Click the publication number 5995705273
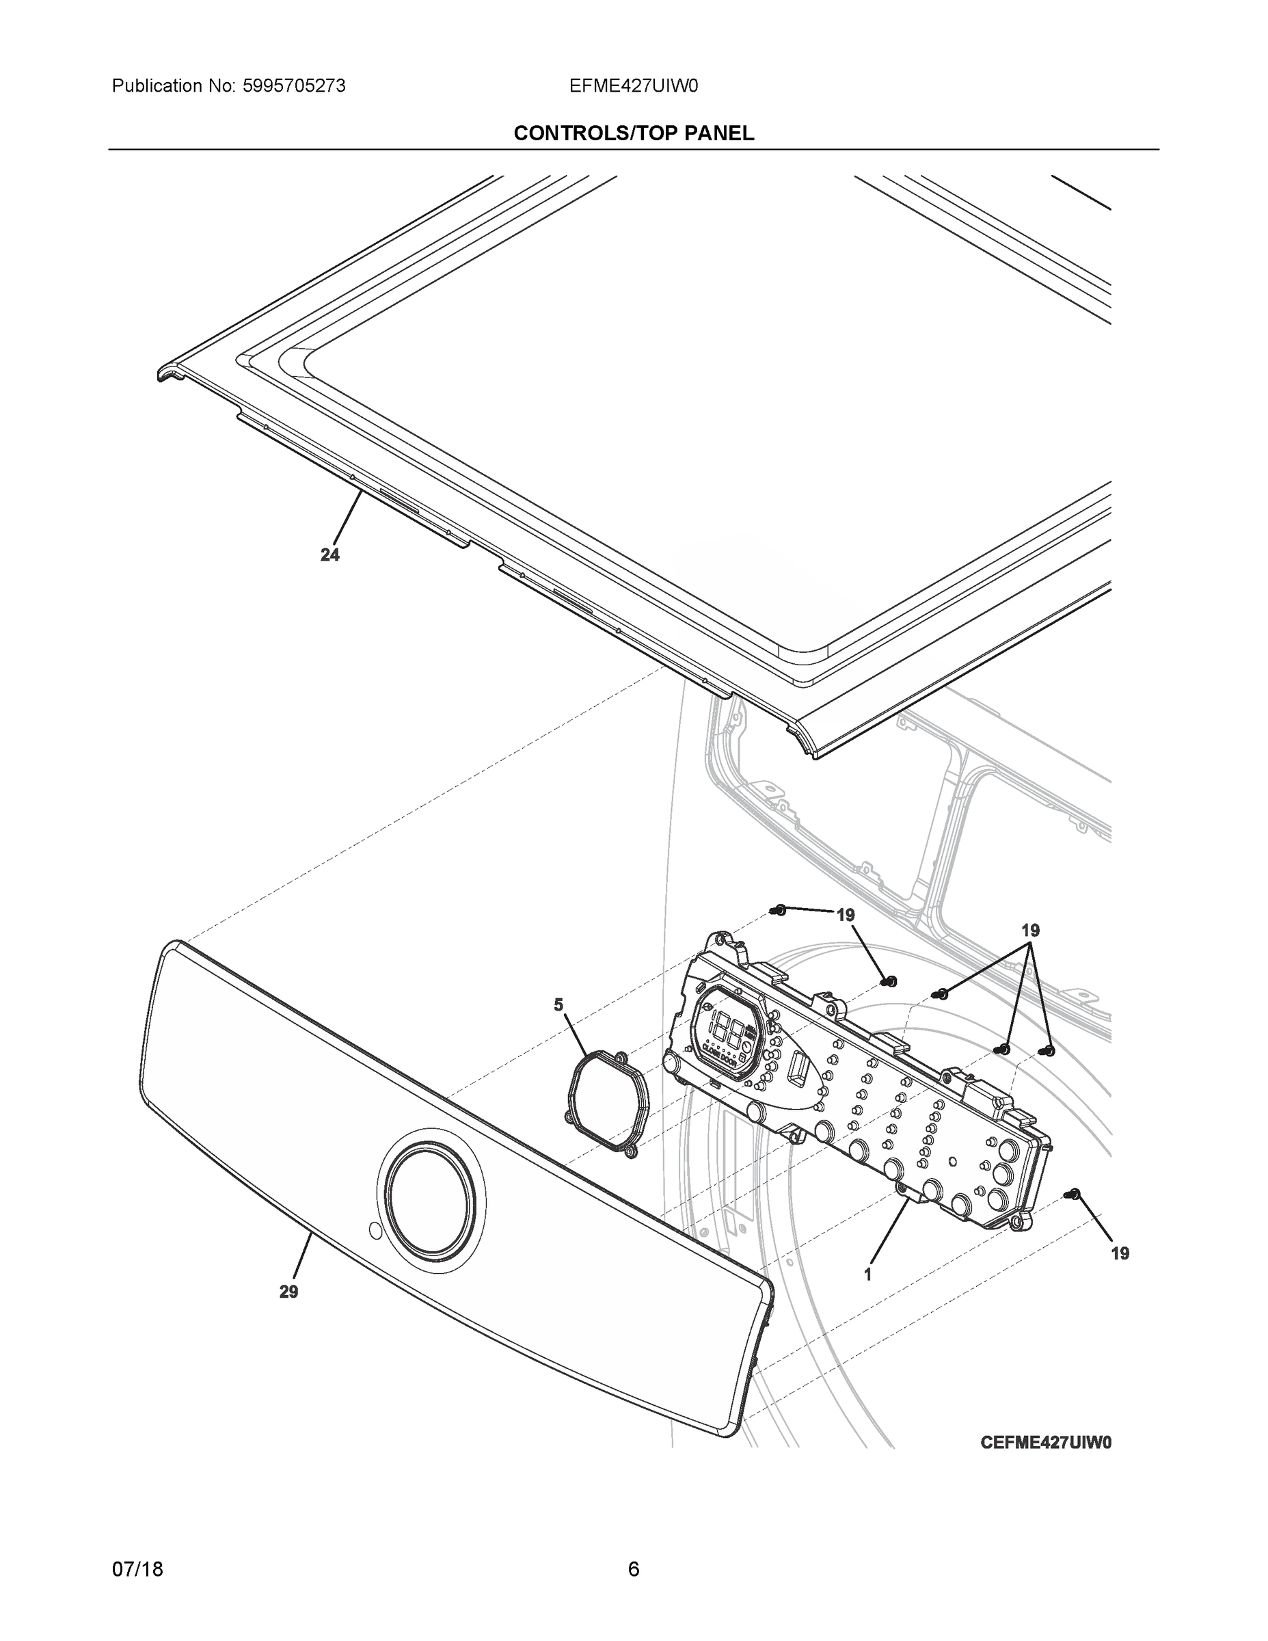(x=294, y=86)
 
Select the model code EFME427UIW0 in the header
(x=633, y=86)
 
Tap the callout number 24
(x=329, y=555)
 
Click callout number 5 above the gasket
(x=558, y=1005)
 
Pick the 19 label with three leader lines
(x=1030, y=930)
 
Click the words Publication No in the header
(x=174, y=86)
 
